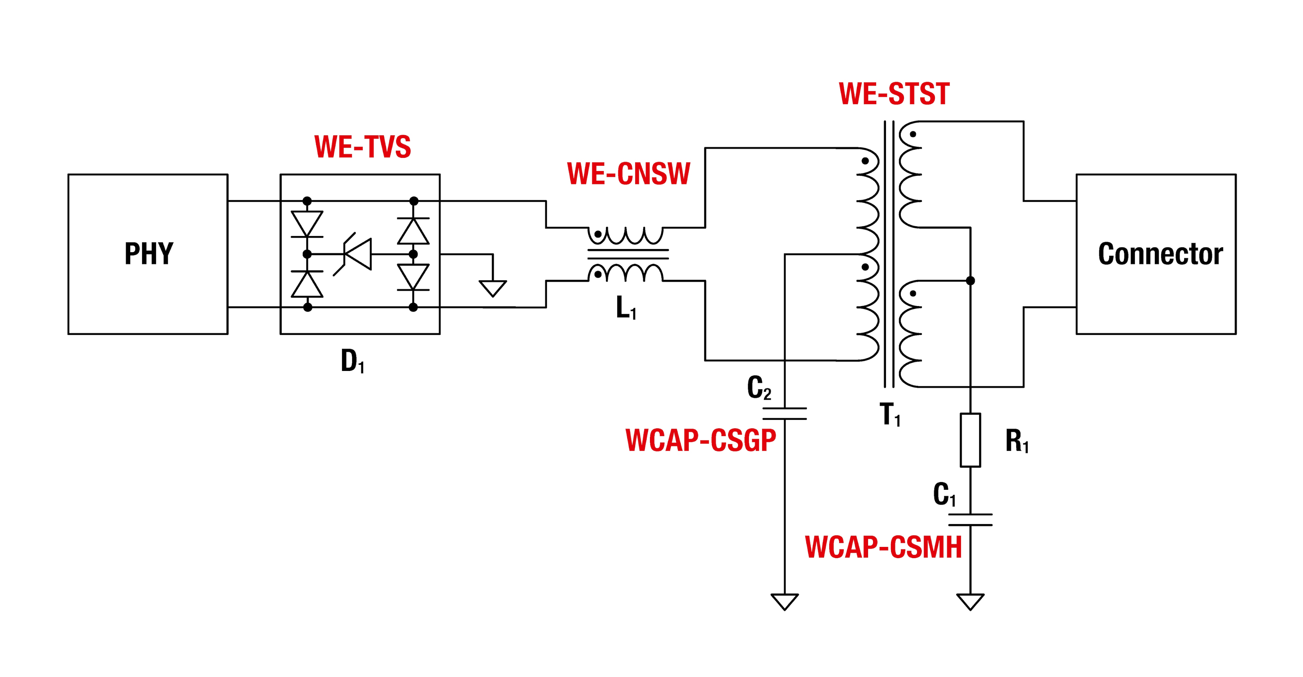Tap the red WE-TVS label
tap(363, 147)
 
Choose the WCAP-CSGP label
tap(700, 440)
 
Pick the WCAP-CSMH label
tap(883, 547)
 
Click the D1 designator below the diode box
tap(353, 361)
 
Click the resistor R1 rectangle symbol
tap(970, 440)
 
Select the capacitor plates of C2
tap(784, 413)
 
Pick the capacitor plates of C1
tap(970, 520)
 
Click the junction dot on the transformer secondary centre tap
tap(970, 280)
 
